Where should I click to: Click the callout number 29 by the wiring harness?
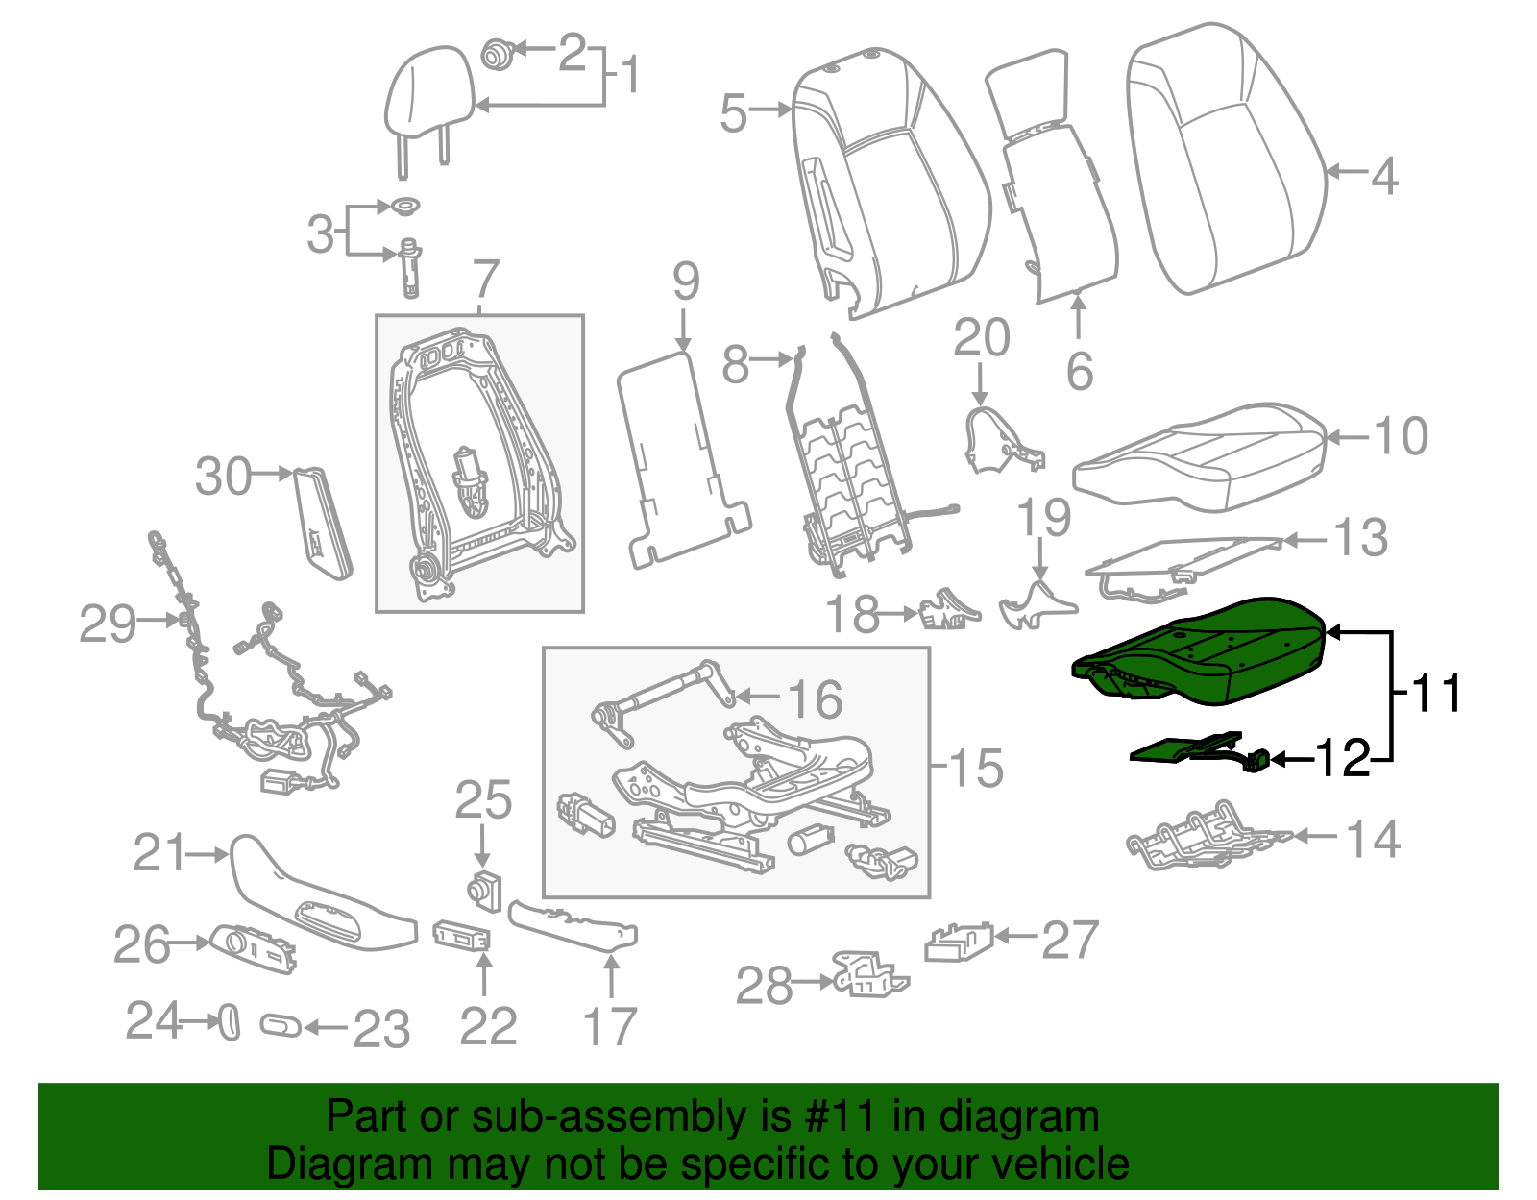(x=108, y=624)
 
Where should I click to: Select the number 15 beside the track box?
(x=976, y=769)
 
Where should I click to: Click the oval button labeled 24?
(x=229, y=1022)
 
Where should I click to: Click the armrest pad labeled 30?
(x=321, y=524)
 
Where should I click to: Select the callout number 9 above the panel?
(x=685, y=282)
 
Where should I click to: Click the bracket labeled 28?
(x=867, y=975)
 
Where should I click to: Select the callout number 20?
(x=981, y=338)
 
